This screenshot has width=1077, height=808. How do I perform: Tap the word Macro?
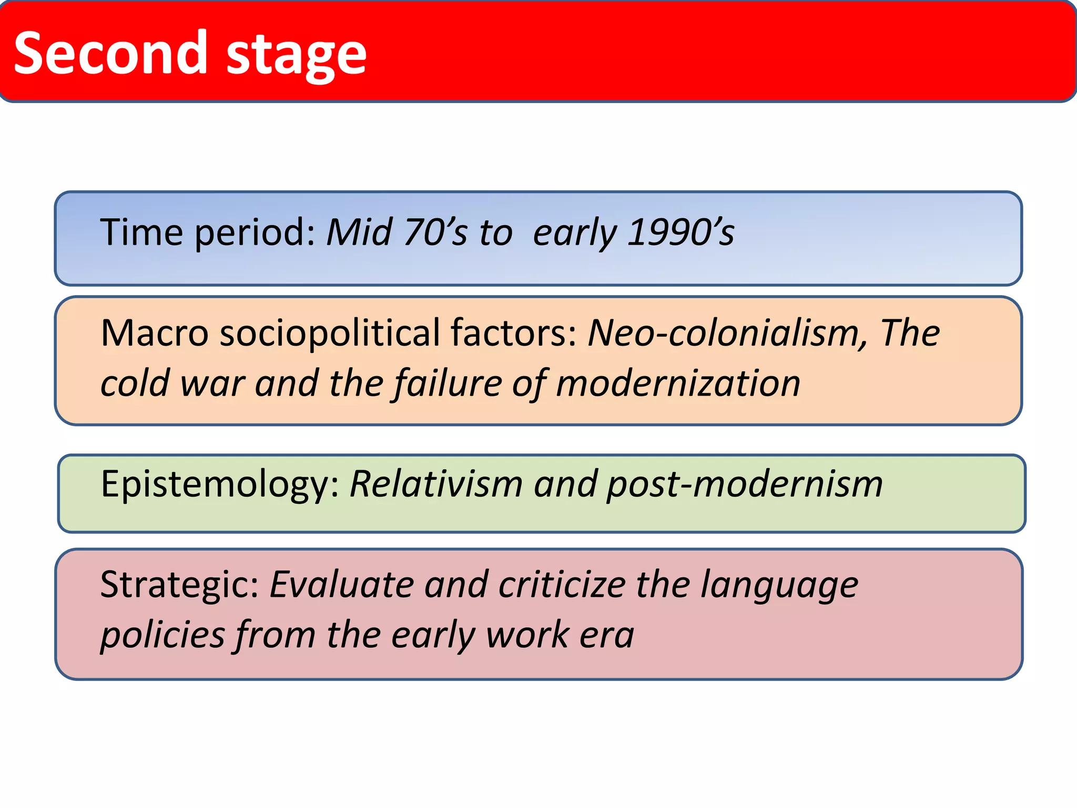coord(155,333)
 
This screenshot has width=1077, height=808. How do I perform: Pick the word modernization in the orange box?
coord(678,383)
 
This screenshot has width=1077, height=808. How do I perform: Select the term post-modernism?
coord(745,484)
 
